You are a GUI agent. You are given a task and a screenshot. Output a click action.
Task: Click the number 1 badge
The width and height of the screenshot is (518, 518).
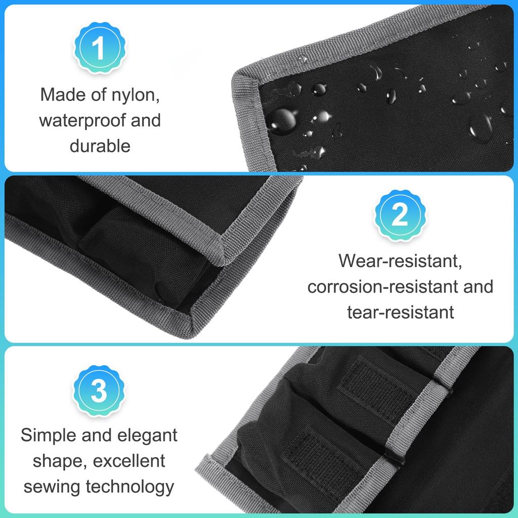click(x=99, y=49)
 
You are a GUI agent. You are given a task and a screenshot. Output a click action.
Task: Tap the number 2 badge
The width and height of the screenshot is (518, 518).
click(x=400, y=216)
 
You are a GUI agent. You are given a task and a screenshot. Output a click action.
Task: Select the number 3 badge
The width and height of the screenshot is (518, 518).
click(x=99, y=392)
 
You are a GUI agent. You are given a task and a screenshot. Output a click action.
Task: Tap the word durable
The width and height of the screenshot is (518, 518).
click(x=100, y=146)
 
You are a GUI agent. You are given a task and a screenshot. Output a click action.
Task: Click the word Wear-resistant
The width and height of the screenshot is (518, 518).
click(x=400, y=261)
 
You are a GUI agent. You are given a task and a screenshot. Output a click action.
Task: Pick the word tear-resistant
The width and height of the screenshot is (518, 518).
click(x=400, y=312)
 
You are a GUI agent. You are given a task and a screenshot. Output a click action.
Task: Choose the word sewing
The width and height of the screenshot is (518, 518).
click(x=52, y=487)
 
